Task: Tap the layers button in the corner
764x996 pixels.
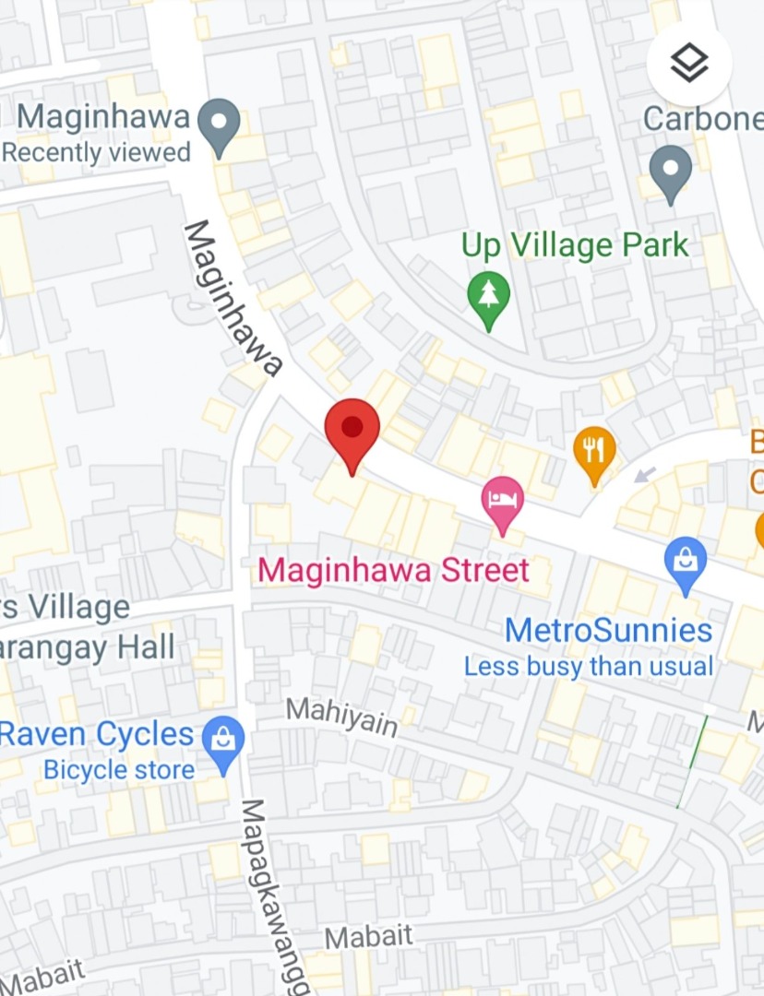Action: (x=689, y=63)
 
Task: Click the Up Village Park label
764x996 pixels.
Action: (x=575, y=245)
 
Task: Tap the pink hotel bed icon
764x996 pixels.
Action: (x=503, y=502)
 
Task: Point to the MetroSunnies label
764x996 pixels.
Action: (x=608, y=631)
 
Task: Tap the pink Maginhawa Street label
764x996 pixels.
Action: (x=393, y=569)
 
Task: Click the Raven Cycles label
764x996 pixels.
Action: (x=96, y=735)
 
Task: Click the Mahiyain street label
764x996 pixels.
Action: (x=341, y=716)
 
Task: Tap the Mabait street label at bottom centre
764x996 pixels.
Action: (x=368, y=937)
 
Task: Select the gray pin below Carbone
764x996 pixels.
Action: (x=670, y=172)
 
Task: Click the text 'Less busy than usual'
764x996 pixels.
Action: (x=588, y=666)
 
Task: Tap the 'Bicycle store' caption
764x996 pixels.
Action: (x=119, y=769)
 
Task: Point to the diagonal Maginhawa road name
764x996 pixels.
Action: (x=232, y=297)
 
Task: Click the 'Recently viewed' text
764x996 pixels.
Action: (x=96, y=152)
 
